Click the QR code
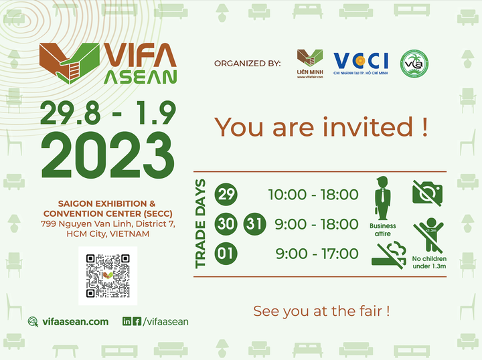108,276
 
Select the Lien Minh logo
310,64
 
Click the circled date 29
226,195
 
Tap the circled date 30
226,223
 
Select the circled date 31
254,223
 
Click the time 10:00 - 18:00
313,195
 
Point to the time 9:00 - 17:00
317,254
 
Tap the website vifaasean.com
74,322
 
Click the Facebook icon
137,322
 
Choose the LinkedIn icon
127,322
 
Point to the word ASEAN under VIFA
141,77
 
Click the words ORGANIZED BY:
247,64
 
